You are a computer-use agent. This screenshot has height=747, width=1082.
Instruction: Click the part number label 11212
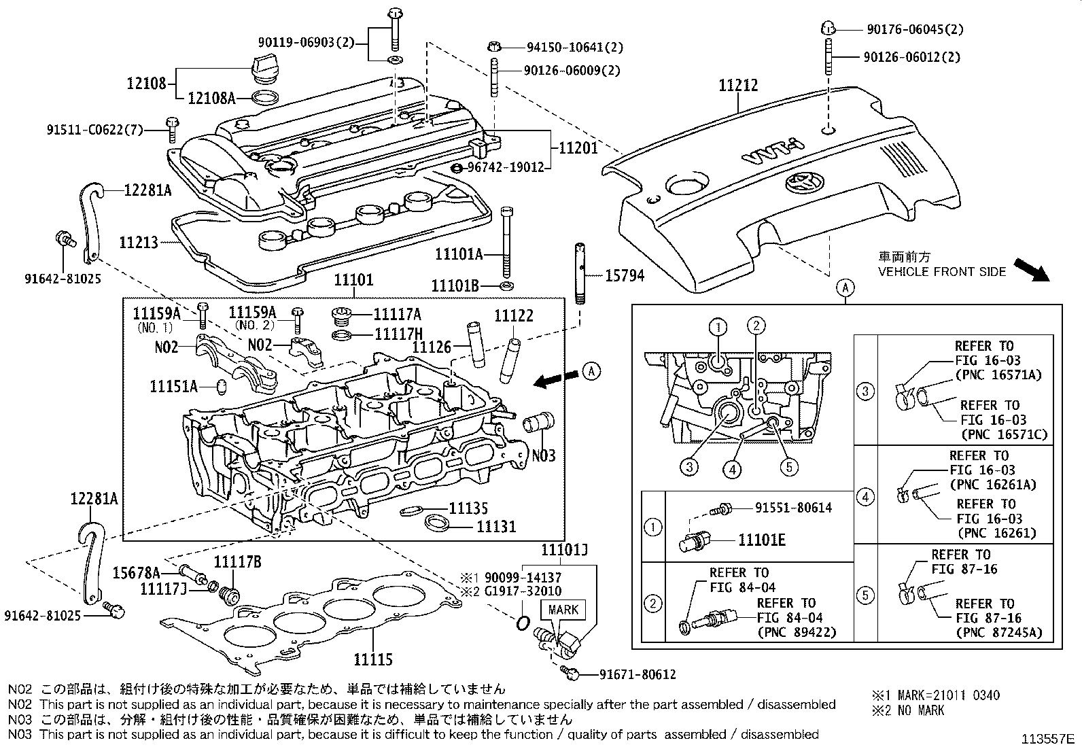pos(738,86)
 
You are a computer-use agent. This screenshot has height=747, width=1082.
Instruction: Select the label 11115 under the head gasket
pos(372,659)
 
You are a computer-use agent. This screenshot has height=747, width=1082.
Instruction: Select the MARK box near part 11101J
pos(562,609)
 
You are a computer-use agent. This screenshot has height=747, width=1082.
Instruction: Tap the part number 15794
pos(623,276)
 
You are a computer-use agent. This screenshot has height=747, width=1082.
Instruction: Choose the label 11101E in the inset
pos(761,540)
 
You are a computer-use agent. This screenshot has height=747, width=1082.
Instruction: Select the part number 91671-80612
pos(637,674)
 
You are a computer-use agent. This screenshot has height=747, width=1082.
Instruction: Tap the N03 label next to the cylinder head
pos(543,454)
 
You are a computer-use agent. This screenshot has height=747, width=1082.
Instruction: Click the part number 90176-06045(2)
pos(914,29)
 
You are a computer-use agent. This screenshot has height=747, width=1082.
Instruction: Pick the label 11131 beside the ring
pos(495,526)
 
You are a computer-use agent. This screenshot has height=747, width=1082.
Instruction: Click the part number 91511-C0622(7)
pos(95,129)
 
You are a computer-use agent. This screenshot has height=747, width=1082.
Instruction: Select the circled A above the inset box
pos(845,288)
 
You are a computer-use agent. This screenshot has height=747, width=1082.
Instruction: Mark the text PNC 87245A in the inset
pos(998,632)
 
